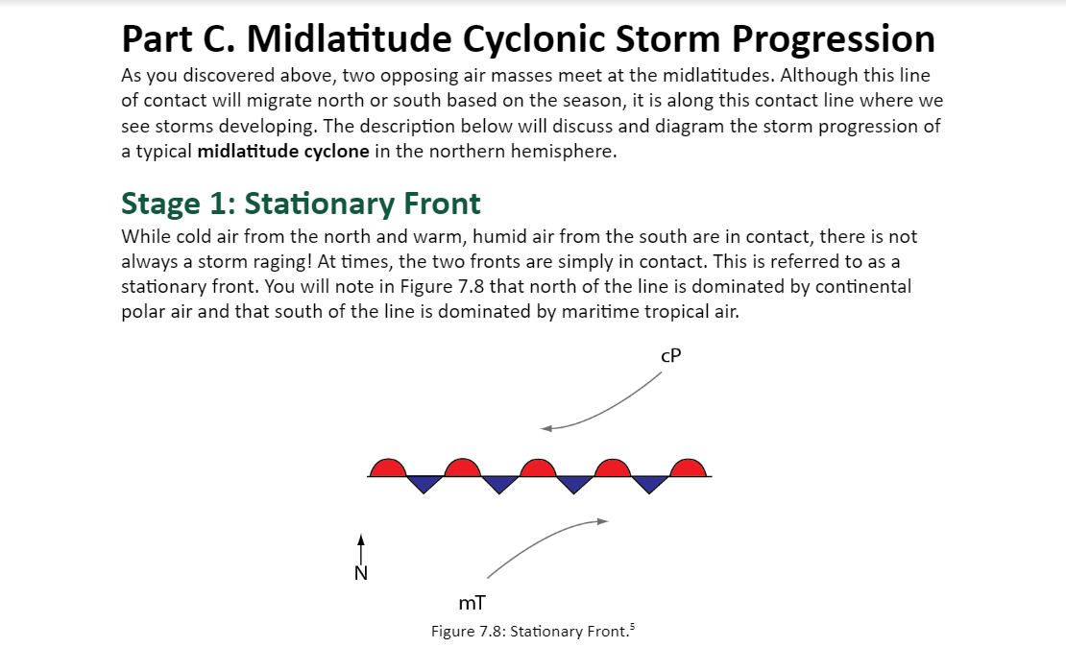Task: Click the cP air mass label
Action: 670,355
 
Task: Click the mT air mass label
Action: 472,603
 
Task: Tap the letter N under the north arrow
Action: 361,573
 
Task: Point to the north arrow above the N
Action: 361,549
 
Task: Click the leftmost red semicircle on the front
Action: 388,467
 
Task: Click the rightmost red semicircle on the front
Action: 688,467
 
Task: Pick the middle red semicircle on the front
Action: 538,467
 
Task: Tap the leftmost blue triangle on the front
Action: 424,483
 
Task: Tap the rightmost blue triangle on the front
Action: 649,483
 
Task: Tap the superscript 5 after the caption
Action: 632,626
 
